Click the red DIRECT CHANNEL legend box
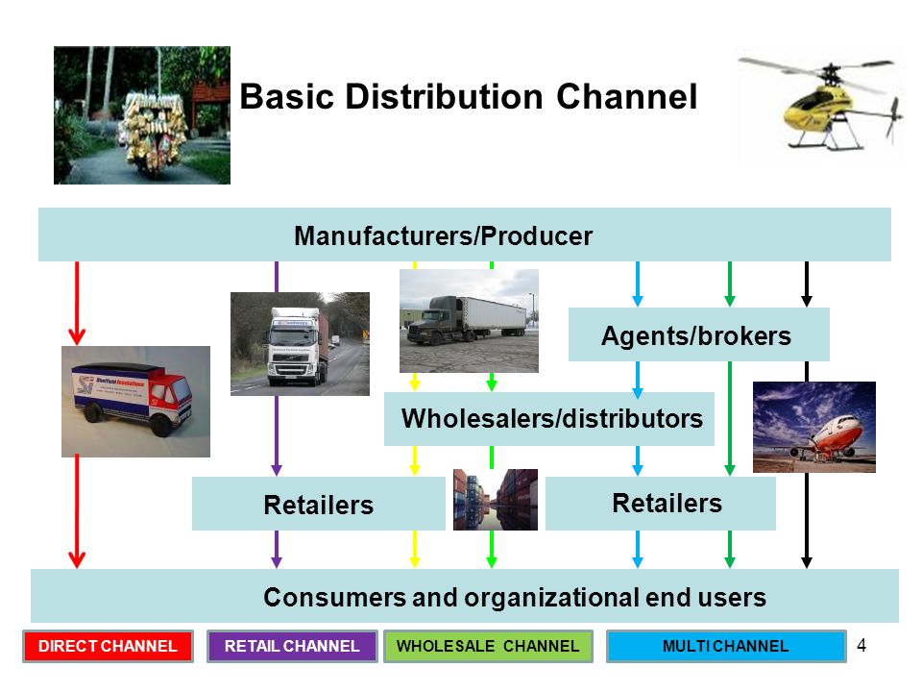[108, 646]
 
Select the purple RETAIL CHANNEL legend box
[292, 646]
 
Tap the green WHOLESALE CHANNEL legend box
[488, 646]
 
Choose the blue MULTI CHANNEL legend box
[726, 646]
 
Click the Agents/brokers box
[698, 334]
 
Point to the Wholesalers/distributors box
[549, 418]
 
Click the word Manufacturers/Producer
[444, 236]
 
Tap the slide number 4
[861, 646]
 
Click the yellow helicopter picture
[821, 104]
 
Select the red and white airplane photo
[814, 427]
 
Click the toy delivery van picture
[135, 402]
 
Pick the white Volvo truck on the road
[300, 344]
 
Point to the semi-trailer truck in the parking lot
[469, 321]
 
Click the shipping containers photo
[496, 500]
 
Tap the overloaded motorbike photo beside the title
[142, 115]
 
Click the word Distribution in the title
[444, 96]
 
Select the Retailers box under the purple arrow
[319, 504]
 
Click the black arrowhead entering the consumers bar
[807, 562]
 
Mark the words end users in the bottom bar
[706, 597]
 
